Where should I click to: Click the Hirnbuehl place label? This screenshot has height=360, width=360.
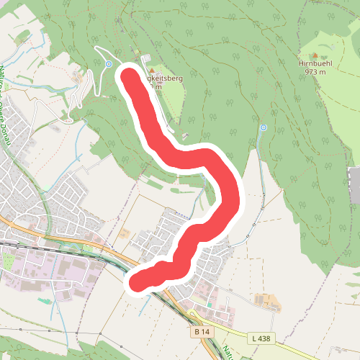(314, 63)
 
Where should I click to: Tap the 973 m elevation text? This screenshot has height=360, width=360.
(314, 72)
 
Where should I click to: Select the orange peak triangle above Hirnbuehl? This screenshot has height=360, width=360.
(314, 54)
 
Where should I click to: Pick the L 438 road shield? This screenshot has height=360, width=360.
(261, 338)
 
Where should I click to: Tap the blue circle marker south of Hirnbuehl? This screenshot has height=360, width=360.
(263, 127)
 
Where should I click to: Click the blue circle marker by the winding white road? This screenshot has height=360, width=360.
(108, 64)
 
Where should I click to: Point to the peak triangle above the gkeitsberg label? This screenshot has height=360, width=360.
(152, 70)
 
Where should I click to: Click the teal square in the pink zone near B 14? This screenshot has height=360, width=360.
(210, 305)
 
